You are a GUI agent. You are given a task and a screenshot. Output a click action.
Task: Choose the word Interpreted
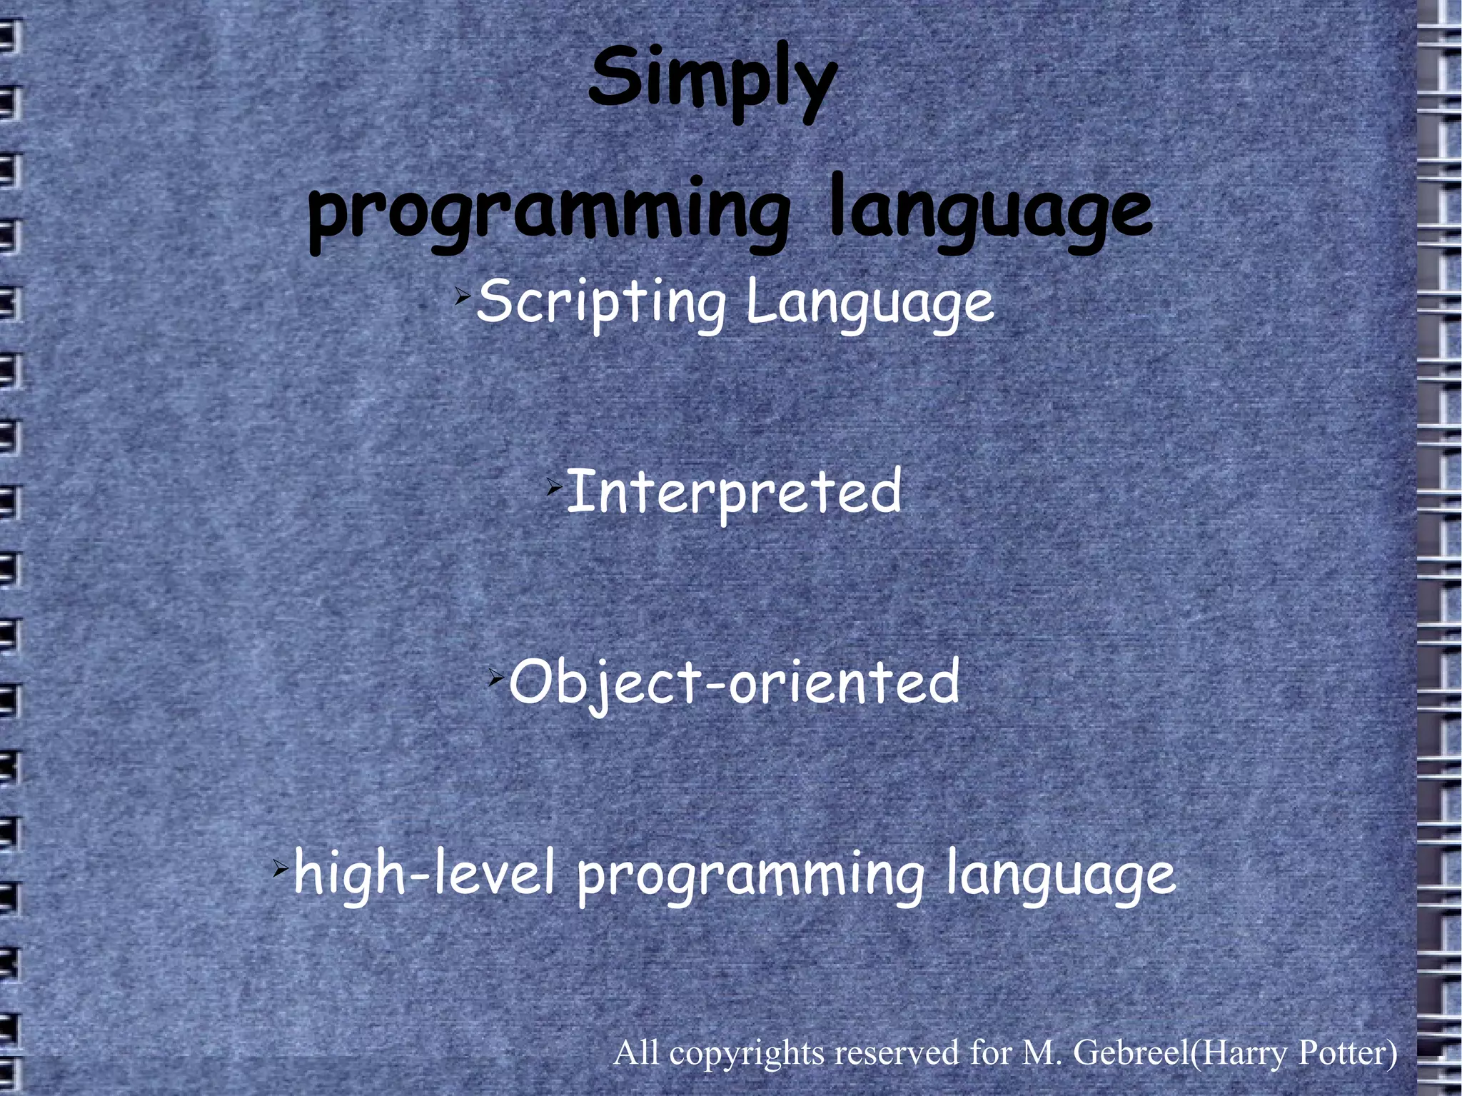[734, 493]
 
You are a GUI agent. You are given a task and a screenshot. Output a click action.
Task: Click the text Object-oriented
[734, 683]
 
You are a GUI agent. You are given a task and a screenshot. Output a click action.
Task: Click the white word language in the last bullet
[1060, 875]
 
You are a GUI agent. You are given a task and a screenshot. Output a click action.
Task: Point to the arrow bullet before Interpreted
[554, 488]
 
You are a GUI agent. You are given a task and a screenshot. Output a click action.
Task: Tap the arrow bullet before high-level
[281, 869]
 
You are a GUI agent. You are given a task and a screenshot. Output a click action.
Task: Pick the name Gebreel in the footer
[1131, 1052]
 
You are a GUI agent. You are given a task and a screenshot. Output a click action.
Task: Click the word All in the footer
[637, 1052]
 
